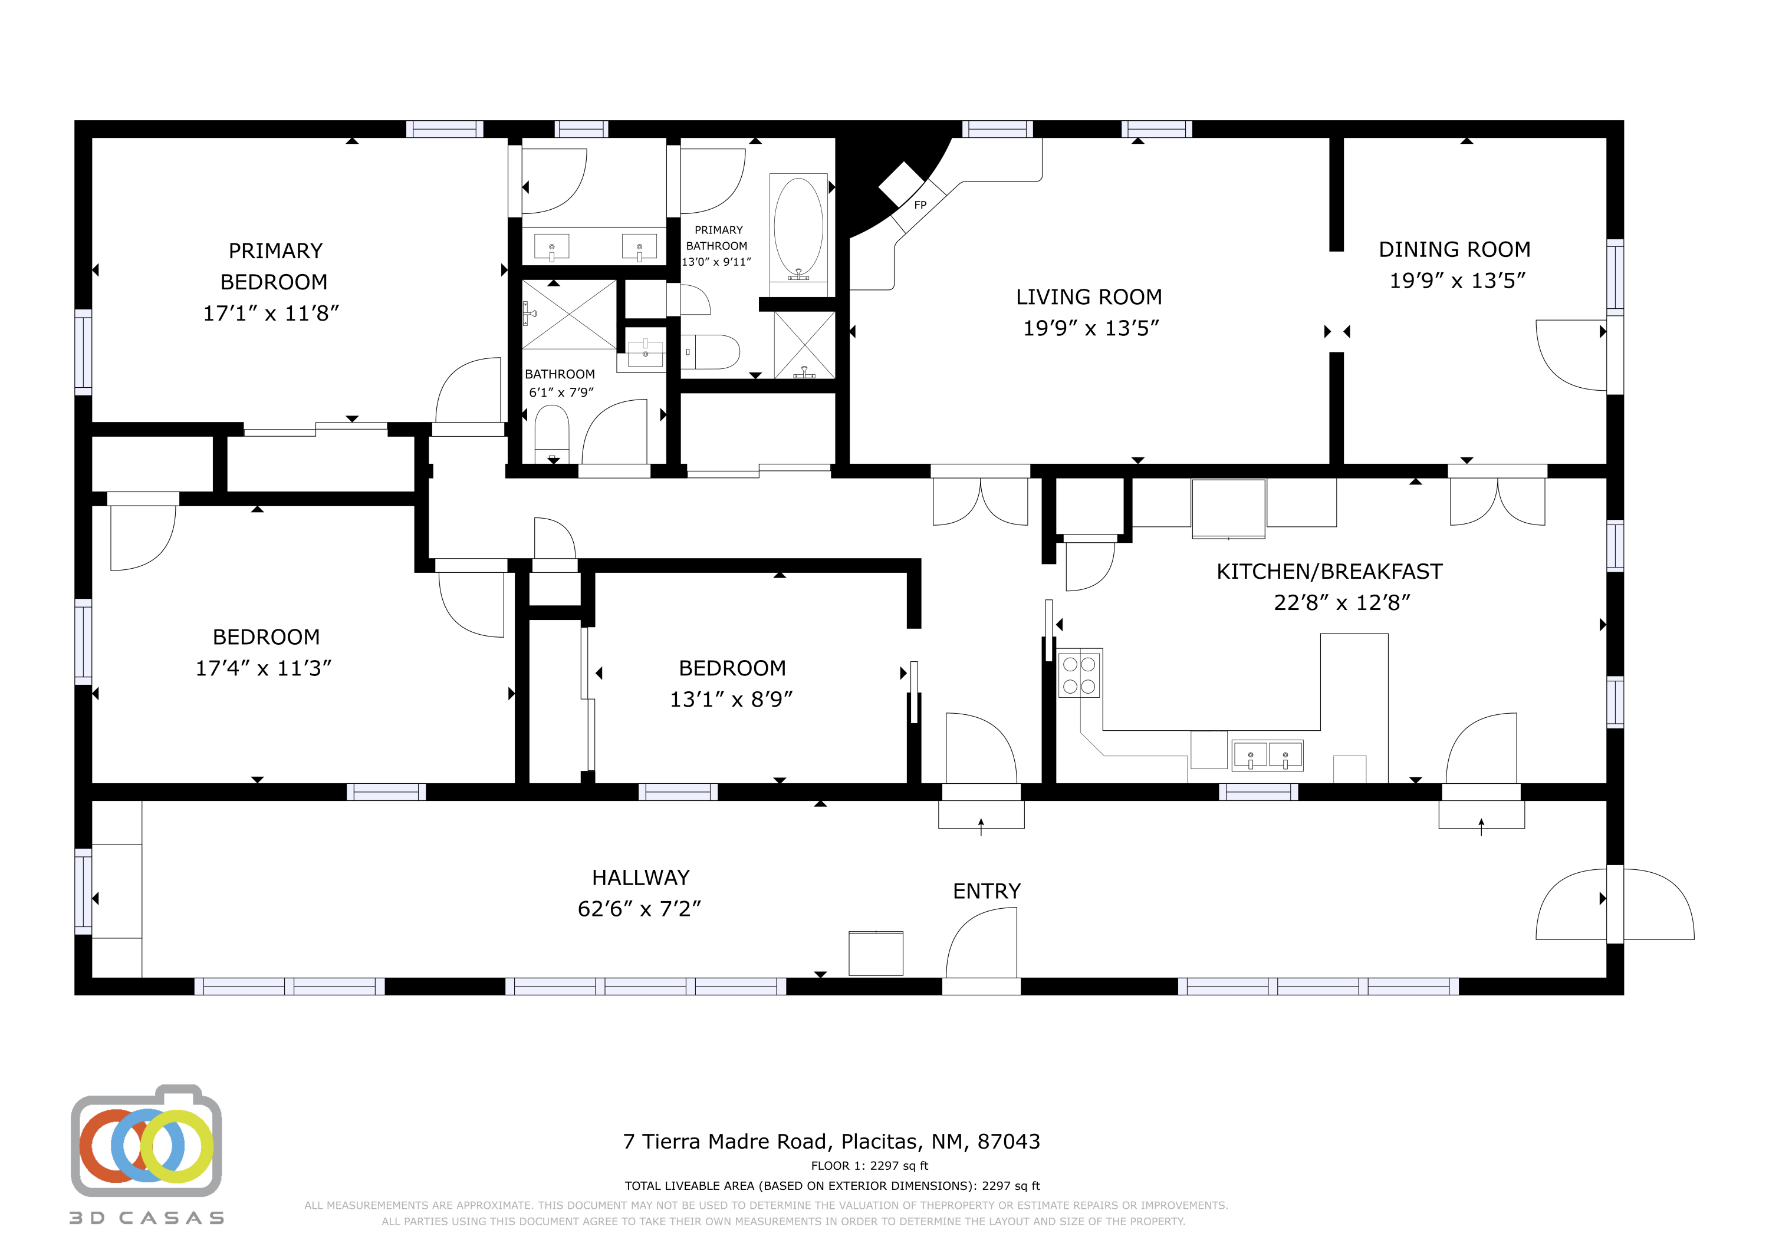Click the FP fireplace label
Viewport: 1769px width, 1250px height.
point(920,205)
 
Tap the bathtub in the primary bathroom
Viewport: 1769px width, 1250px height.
point(798,227)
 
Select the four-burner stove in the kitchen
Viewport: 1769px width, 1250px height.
point(1079,675)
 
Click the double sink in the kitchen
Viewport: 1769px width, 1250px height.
point(1267,756)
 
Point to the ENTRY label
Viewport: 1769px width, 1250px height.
point(986,891)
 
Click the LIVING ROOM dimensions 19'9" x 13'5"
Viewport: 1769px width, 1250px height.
point(1090,328)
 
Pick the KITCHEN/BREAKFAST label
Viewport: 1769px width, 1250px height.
point(1329,572)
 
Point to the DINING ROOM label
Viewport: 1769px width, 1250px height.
point(1454,249)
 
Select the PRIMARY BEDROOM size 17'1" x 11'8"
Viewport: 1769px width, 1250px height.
point(271,314)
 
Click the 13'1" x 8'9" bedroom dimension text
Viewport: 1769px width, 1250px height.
point(731,700)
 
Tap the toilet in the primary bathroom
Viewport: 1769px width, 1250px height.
point(713,352)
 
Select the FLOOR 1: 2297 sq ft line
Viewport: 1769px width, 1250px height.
point(869,1165)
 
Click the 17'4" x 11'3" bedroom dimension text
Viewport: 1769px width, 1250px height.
point(263,668)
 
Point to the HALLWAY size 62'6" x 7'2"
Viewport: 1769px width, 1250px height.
point(639,909)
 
